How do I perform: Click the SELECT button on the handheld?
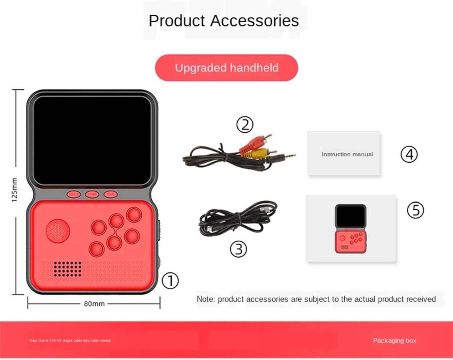(x=74, y=194)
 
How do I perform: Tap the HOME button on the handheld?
(x=111, y=194)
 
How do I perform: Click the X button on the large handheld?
(x=116, y=221)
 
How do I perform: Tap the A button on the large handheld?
(x=97, y=249)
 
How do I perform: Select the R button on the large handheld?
(x=132, y=237)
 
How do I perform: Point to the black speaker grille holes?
(x=67, y=269)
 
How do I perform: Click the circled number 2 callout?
(x=245, y=125)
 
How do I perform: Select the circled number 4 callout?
(x=409, y=154)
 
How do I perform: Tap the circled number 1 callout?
(x=170, y=281)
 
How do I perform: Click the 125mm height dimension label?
(x=14, y=190)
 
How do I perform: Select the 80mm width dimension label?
(x=94, y=304)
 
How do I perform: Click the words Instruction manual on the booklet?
(x=347, y=154)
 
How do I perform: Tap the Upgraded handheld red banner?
(x=226, y=68)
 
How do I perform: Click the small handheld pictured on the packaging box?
(x=351, y=229)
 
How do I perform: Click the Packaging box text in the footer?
(x=394, y=341)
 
